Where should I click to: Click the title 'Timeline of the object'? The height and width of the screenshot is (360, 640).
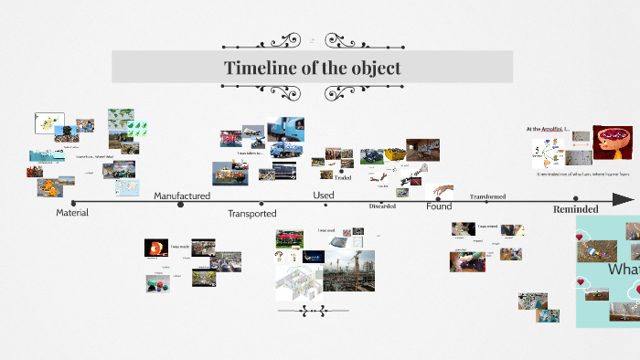(x=313, y=69)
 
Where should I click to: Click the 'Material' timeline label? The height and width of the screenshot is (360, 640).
(x=72, y=212)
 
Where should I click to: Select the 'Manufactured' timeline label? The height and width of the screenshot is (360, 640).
(x=182, y=196)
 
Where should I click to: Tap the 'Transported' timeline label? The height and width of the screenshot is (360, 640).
(x=252, y=213)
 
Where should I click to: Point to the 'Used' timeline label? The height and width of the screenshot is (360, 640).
(x=324, y=195)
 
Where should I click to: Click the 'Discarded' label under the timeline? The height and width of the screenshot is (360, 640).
(x=382, y=206)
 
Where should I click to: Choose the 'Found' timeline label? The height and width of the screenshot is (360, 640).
(x=439, y=206)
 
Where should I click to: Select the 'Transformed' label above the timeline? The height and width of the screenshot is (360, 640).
(x=487, y=196)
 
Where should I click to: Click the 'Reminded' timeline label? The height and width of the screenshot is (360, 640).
(x=575, y=209)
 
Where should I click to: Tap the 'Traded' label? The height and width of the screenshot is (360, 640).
(x=343, y=177)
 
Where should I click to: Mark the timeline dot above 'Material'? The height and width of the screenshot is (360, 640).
(x=73, y=202)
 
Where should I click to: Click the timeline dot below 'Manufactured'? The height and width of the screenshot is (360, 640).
(x=180, y=205)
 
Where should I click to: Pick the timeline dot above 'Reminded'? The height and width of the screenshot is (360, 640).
(x=575, y=198)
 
